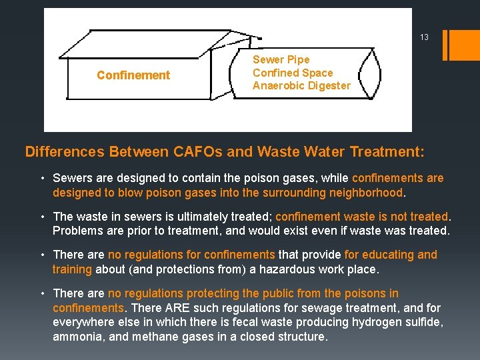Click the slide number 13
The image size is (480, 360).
424,37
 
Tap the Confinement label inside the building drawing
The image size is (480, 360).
133,75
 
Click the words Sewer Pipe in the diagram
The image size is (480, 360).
281,59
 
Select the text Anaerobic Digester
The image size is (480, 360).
301,85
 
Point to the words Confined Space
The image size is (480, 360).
293,73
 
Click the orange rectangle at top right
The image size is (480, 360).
465,45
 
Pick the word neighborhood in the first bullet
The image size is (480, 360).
365,193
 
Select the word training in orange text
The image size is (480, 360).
73,269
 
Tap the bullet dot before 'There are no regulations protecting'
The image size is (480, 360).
41,293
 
